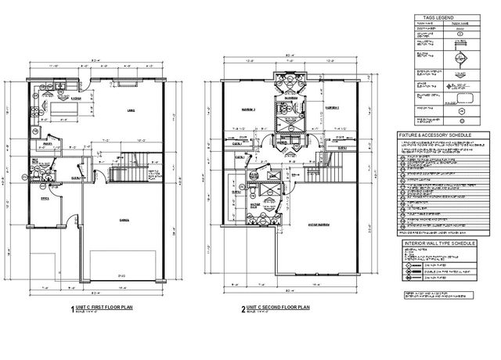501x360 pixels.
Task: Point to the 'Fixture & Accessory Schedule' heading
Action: [x=434, y=135]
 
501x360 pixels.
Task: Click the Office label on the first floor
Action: [x=45, y=198]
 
